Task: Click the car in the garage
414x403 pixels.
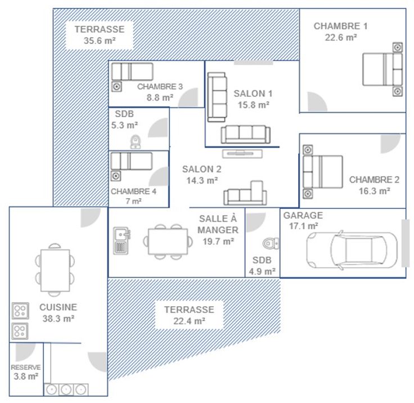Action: [x=352, y=250]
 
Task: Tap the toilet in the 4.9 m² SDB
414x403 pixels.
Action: [x=271, y=243]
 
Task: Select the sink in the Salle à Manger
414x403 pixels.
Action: [x=121, y=241]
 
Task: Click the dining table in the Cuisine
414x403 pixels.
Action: [x=55, y=270]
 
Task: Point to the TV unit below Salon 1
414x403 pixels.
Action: [x=242, y=154]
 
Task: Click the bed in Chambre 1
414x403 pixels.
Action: [x=382, y=69]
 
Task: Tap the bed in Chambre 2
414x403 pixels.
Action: [x=323, y=172]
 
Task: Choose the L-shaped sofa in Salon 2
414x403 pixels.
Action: [x=245, y=193]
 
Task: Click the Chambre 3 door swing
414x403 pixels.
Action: [x=188, y=97]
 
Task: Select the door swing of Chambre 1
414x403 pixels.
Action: [x=317, y=102]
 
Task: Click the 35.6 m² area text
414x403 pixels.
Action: [x=100, y=41]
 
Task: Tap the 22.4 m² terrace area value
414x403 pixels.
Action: [x=190, y=321]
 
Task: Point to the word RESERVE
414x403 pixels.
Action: [x=26, y=368]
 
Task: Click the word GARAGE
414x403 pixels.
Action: [x=303, y=216]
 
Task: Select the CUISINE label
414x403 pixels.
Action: [x=58, y=307]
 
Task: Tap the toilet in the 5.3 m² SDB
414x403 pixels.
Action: [x=136, y=142]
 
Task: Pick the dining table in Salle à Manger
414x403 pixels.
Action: [x=168, y=241]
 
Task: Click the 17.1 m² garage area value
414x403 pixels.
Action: [x=303, y=226]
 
